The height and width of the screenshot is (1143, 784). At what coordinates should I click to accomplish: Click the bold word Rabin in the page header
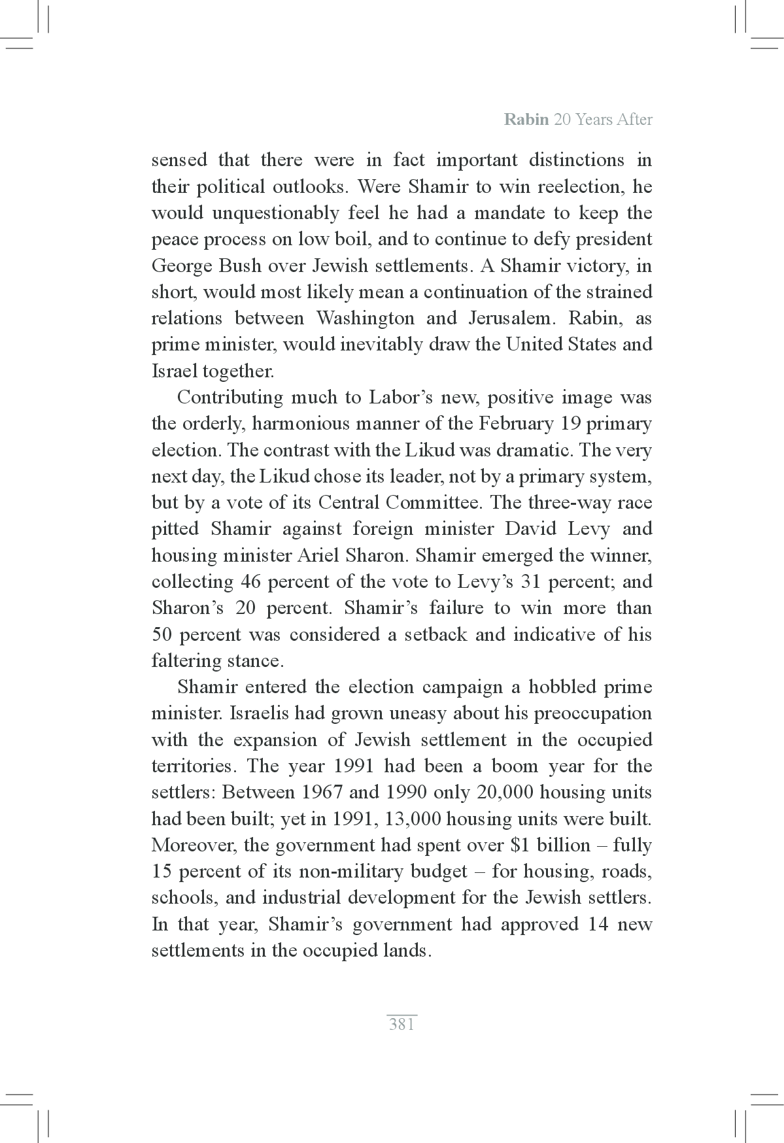point(526,120)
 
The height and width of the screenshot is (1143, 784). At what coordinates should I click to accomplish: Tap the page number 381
point(401,1025)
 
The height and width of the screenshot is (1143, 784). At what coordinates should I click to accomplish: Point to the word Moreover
point(193,845)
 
